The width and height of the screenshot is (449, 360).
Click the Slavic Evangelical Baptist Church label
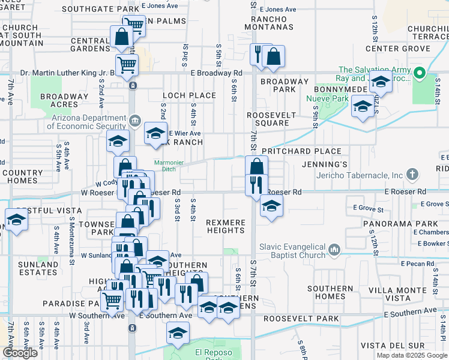(292, 251)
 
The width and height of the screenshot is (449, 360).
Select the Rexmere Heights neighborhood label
(226, 226)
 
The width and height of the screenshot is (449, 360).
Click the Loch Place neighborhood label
(189, 95)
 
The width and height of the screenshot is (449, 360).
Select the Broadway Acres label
(64, 100)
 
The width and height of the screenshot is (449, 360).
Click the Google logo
(20, 353)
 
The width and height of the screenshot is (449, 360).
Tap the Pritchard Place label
(301, 151)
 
